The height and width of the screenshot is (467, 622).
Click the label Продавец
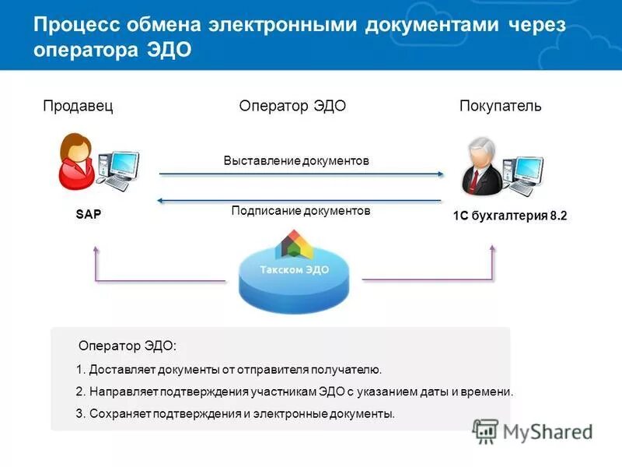[x=78, y=107]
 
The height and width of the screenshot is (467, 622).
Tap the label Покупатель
[x=500, y=107]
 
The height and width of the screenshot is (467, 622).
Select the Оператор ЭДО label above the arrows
[x=292, y=107]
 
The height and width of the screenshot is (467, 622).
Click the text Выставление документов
[x=295, y=161]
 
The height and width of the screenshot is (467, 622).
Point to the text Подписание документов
[x=301, y=211]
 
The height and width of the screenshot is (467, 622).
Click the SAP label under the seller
[x=89, y=214]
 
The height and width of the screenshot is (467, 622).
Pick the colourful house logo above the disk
[x=295, y=244]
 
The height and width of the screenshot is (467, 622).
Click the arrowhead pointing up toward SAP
[x=96, y=250]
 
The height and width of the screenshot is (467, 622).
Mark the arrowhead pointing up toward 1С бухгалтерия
[x=493, y=248]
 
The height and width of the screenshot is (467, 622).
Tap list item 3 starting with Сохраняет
[x=236, y=413]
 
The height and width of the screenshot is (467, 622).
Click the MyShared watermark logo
[x=533, y=430]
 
